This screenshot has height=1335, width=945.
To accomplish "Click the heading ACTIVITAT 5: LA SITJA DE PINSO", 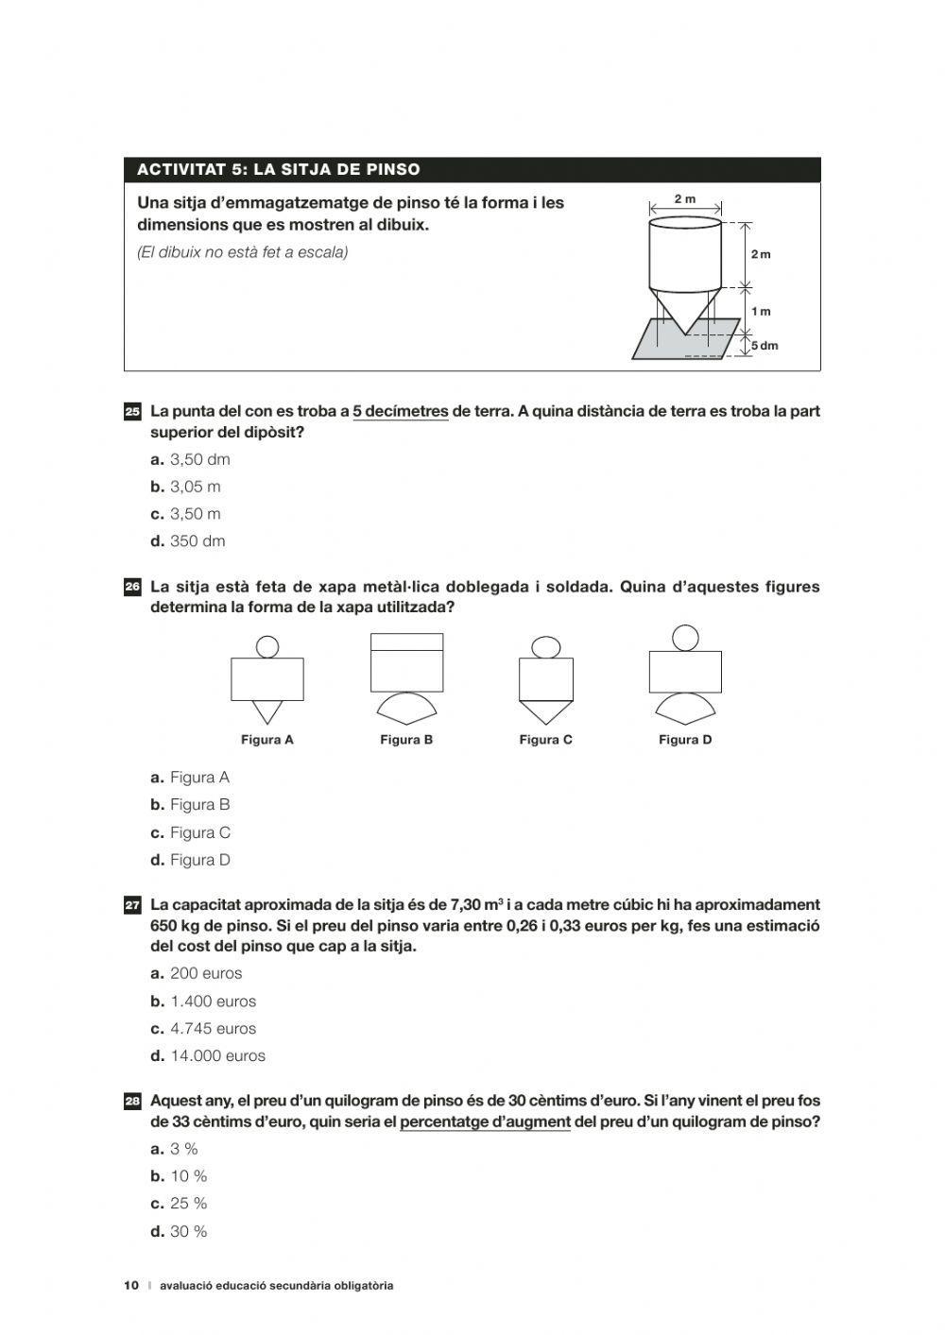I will coord(279,170).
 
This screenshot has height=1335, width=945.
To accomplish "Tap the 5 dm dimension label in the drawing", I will coord(765,346).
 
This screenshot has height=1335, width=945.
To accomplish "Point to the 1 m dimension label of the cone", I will coord(761,312).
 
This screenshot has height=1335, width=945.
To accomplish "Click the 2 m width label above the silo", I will coord(685,199).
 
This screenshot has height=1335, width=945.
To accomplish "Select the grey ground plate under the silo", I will coord(661,346).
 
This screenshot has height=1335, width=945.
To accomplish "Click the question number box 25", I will coord(132,412).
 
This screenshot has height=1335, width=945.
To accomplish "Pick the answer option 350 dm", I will coord(197,541).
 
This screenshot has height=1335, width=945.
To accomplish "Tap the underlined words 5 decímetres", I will coord(401,412).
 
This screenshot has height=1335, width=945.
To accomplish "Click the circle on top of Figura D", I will coord(685,638).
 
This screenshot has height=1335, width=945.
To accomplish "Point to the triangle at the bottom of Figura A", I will coord(267,712).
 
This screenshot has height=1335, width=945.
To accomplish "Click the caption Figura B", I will coord(406,740).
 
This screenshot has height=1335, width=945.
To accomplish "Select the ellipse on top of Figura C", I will coord(546,647).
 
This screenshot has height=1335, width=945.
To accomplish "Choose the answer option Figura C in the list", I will coord(199,832).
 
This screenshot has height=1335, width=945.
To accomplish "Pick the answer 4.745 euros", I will coord(213,1029).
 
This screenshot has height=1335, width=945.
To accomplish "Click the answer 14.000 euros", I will coord(217,1056).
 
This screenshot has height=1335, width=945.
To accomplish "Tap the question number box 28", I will coord(132,1102).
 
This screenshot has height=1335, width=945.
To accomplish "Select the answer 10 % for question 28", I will coord(188,1176).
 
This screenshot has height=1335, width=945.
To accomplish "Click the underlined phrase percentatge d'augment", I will coord(485,1122).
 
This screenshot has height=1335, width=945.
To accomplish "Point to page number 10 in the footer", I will coord(131,1286).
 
